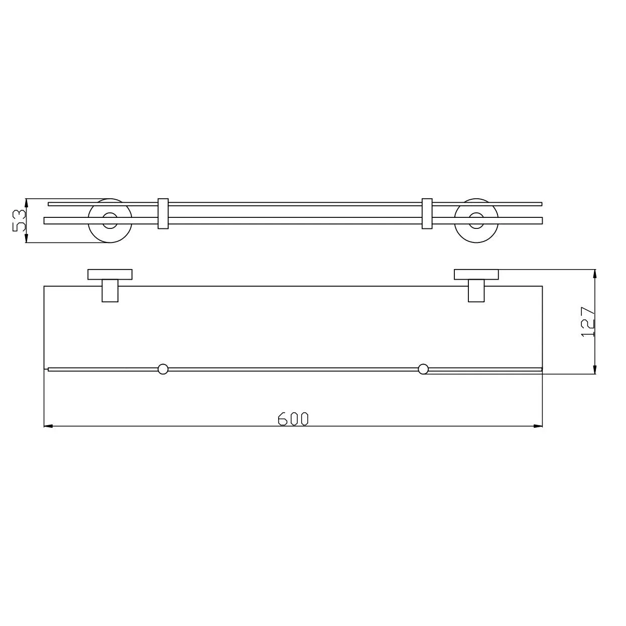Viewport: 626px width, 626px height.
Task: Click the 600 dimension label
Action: point(293,419)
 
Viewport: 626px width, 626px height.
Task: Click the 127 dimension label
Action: point(587,322)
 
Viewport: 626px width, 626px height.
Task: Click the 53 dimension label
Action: point(19,220)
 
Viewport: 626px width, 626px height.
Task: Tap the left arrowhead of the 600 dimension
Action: point(48,426)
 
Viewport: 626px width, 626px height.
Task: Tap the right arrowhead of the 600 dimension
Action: point(538,426)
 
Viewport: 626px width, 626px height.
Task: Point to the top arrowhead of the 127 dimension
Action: point(595,274)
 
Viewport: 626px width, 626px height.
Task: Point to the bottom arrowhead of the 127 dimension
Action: point(595,369)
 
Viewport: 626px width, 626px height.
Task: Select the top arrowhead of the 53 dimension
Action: point(26,203)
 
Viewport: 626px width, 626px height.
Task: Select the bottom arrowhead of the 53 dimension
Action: point(26,238)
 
